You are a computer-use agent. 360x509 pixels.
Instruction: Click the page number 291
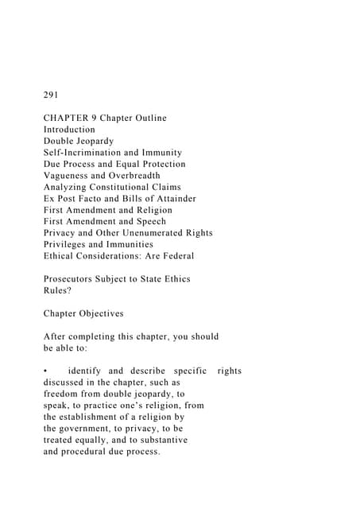[51, 95]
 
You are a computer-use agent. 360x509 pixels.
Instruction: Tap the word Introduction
[69, 130]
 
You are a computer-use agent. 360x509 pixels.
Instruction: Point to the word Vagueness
[68, 175]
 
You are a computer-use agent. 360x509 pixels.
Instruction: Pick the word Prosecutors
[71, 278]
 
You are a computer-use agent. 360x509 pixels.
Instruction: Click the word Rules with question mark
[57, 290]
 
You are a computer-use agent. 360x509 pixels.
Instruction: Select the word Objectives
[113, 313]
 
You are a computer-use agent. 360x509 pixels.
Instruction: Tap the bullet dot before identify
[47, 371]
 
